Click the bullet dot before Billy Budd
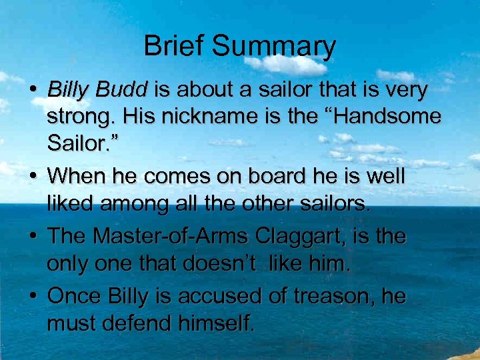point(32,90)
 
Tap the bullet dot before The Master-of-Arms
point(32,237)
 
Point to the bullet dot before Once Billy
point(32,295)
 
